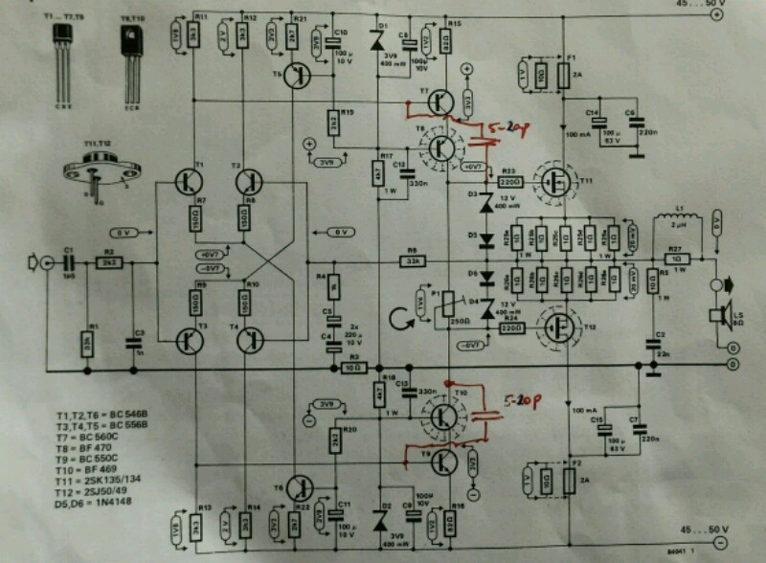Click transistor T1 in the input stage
point(188,179)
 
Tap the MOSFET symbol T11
point(554,180)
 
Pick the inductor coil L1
point(681,221)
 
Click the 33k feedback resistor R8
point(412,261)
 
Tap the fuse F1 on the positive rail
point(565,76)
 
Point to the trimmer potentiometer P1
point(442,305)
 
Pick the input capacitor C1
point(70,261)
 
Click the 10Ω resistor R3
point(353,368)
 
